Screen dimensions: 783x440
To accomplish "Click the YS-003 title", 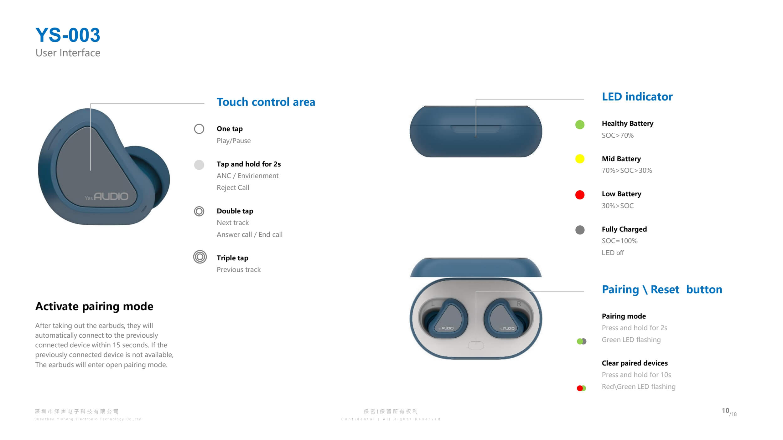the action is pos(68,35).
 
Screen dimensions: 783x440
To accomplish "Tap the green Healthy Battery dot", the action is pos(580,125).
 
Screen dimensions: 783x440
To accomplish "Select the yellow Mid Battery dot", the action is pos(580,159).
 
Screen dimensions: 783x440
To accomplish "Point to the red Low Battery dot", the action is pos(580,195).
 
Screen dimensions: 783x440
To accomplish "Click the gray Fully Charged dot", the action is pos(580,230).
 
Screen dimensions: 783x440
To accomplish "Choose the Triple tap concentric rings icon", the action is pos(200,257).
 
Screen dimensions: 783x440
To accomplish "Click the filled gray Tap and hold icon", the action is pos(199,165).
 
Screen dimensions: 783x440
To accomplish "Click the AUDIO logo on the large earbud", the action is pos(106,197).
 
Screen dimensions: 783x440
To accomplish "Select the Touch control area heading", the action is pos(266,102).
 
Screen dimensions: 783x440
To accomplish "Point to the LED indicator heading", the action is pos(637,97).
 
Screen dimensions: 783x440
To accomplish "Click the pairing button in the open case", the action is pos(476,345).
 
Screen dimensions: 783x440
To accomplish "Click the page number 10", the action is pos(725,411).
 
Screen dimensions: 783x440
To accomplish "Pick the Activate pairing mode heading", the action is pos(94,306).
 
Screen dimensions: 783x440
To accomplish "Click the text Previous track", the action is pos(239,270).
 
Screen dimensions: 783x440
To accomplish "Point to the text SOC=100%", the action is pos(620,241).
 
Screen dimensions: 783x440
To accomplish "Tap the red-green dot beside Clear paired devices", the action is pos(581,388).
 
